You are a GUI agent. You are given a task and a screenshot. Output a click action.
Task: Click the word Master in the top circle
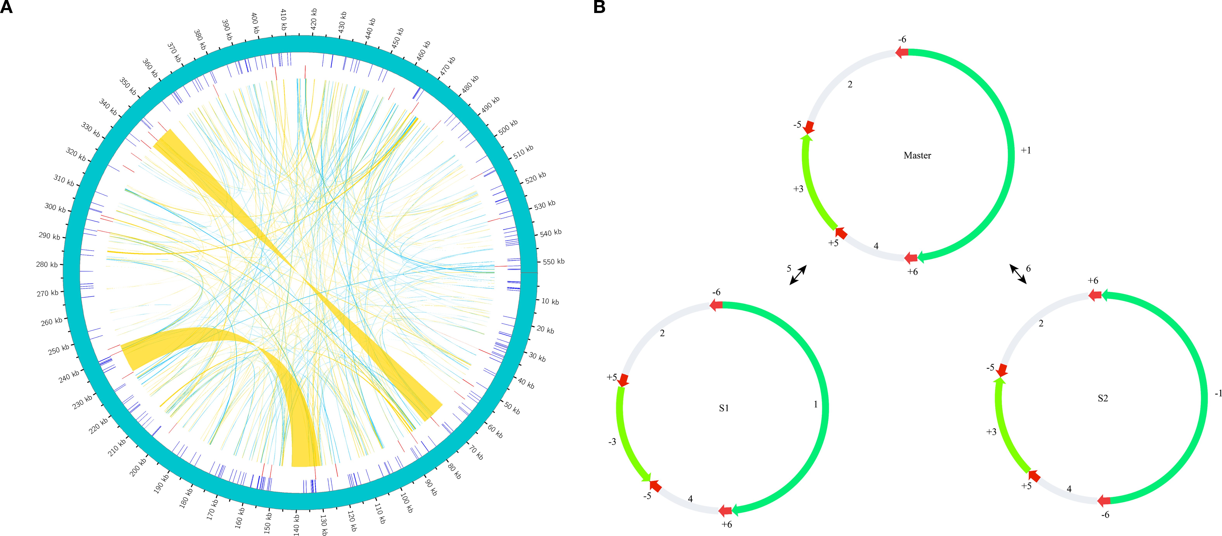(x=917, y=156)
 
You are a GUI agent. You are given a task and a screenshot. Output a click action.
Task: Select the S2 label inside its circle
(x=1102, y=398)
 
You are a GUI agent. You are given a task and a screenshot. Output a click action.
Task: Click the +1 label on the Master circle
(x=1026, y=150)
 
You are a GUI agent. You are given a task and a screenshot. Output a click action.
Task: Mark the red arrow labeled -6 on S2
(x=1103, y=500)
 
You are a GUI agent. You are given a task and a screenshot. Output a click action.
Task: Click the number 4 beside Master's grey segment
(x=876, y=246)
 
